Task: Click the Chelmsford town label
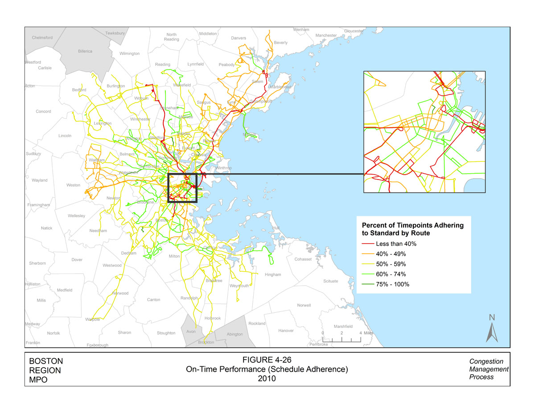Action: point(42,37)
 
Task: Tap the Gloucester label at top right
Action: point(354,31)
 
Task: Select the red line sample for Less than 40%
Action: point(368,244)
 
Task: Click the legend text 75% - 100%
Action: point(393,284)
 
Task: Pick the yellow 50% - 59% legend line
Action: point(368,264)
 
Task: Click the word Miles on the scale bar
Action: point(368,333)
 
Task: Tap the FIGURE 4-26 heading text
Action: point(267,360)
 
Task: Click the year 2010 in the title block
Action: point(267,379)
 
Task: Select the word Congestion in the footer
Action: point(486,361)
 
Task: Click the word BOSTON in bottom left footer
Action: point(46,361)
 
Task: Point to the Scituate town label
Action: point(330,281)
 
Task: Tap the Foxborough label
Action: point(98,345)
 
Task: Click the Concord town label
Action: point(44,111)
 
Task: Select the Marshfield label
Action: point(343,326)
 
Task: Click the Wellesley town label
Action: point(77,216)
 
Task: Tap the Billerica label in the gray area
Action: point(85,51)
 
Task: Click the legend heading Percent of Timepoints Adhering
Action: point(412,225)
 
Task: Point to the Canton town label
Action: point(153,299)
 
